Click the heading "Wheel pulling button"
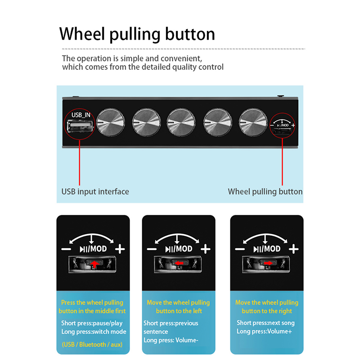point(137,34)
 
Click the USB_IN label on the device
point(81,115)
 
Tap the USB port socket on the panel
point(78,128)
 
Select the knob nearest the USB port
point(108,122)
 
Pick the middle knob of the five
point(179,122)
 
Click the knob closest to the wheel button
point(251,122)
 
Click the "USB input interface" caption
point(95,192)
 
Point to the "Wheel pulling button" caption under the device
point(265,192)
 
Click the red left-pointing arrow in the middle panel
point(179,263)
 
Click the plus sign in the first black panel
point(119,249)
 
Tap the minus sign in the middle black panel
point(152,249)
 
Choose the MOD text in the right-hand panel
point(271,249)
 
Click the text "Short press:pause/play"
point(92,323)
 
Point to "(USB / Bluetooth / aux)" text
point(92,345)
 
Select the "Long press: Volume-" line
point(171,340)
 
